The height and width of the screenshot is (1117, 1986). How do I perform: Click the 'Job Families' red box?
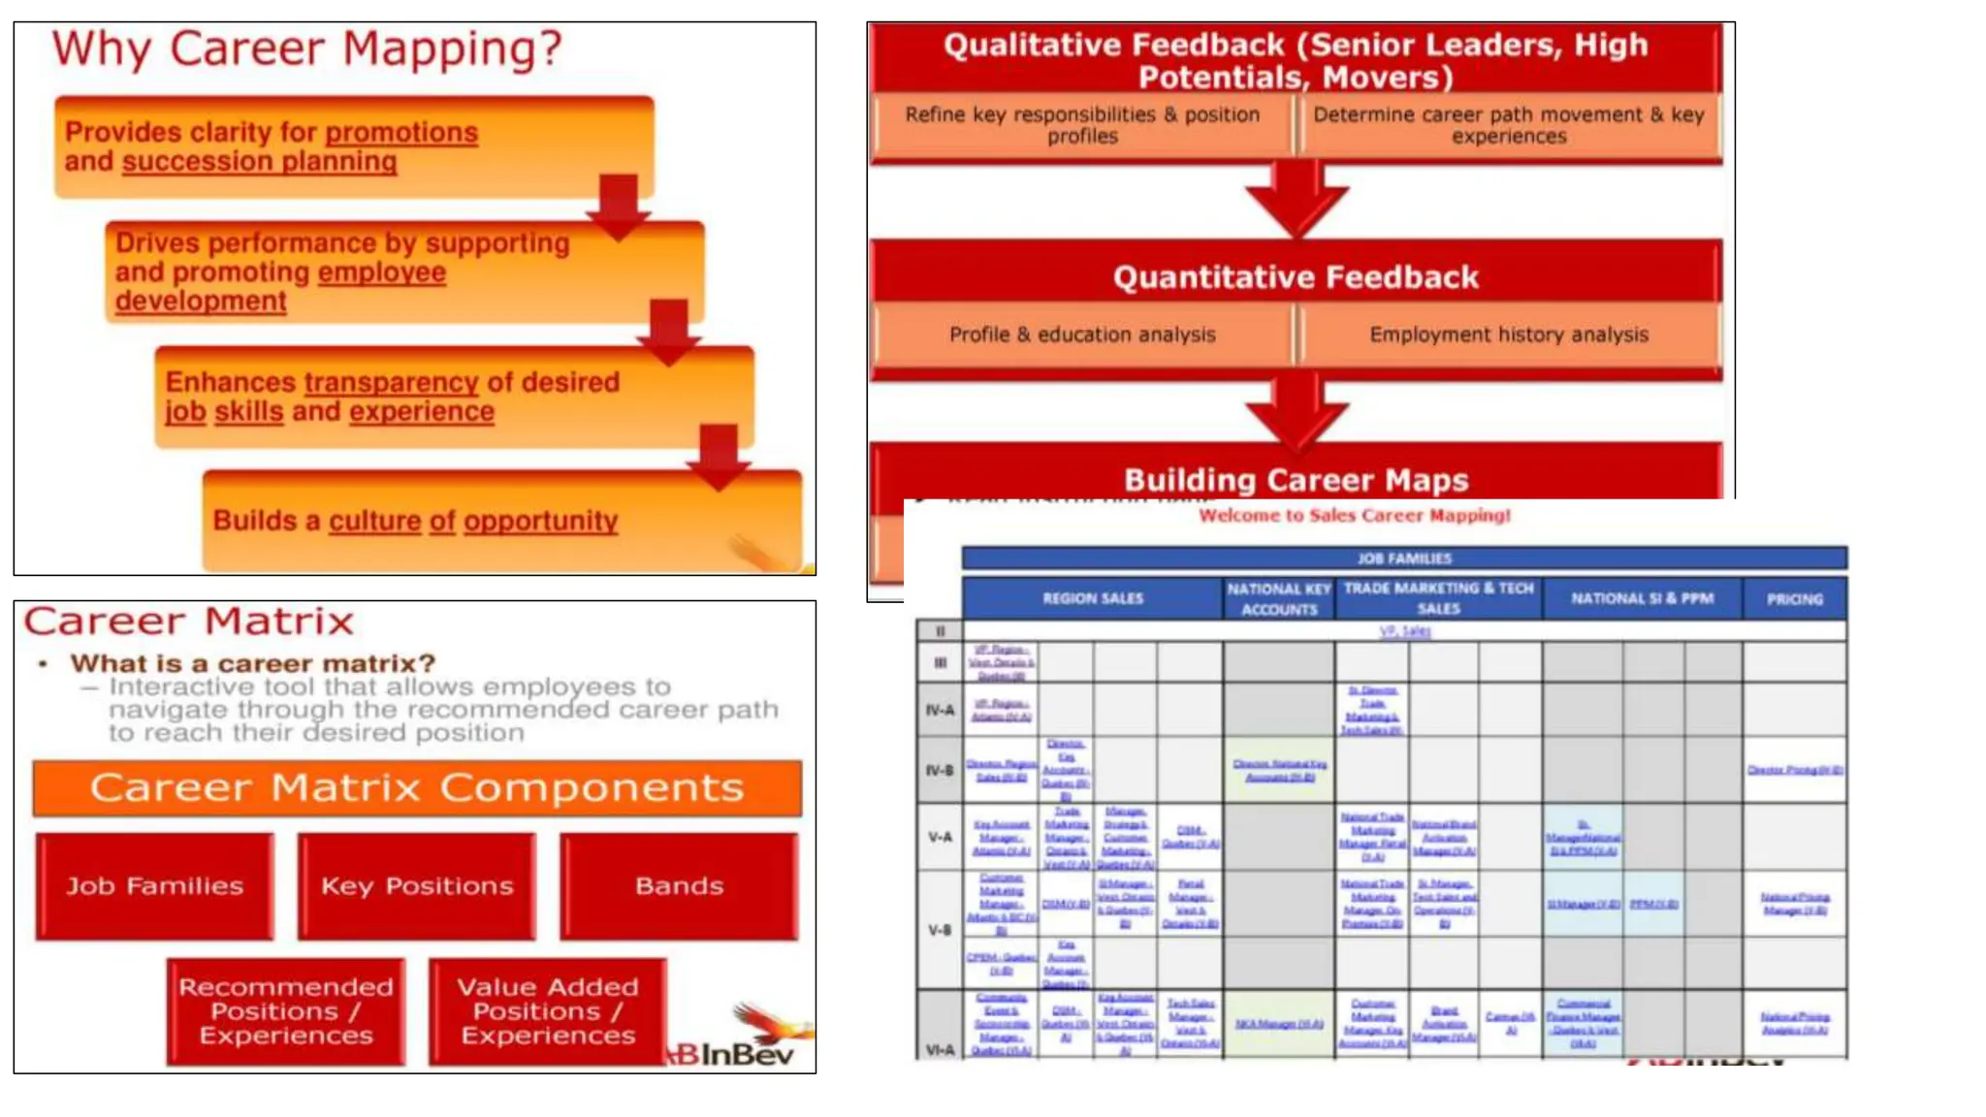(x=155, y=886)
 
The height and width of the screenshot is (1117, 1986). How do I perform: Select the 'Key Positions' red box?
(x=417, y=886)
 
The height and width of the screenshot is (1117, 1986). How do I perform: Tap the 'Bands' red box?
(x=679, y=886)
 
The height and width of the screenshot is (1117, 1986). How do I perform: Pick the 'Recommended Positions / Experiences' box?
(x=286, y=1011)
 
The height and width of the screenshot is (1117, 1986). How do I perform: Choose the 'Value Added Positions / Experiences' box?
(x=548, y=1011)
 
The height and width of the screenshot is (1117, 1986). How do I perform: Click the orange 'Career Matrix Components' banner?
(x=417, y=787)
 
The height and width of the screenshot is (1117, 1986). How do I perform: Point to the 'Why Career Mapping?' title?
(x=306, y=48)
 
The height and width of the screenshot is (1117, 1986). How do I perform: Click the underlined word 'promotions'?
(x=401, y=132)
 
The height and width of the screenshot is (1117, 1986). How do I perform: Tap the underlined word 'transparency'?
(x=391, y=382)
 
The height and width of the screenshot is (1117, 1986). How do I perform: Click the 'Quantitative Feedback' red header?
(x=1296, y=277)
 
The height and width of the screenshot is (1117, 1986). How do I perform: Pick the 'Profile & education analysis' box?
(x=1082, y=335)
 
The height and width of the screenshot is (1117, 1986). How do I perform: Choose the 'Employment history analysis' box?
(x=1509, y=335)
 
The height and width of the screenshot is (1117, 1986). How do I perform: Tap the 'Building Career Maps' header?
(x=1296, y=479)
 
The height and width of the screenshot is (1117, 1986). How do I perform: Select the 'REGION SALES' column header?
(x=1093, y=598)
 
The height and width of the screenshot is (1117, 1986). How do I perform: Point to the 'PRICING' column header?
(x=1794, y=599)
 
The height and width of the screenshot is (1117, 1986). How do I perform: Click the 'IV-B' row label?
(x=939, y=771)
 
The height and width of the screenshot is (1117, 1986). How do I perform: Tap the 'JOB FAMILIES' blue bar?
(x=1404, y=558)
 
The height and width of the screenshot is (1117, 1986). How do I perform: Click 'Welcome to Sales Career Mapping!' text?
(x=1355, y=515)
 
